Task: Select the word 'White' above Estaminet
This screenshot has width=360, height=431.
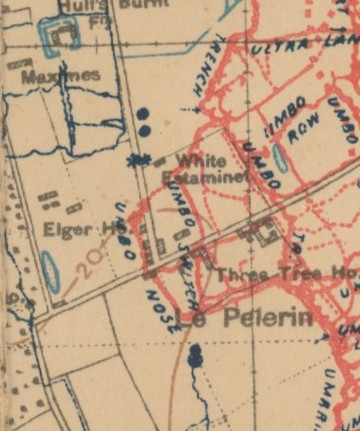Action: coord(200,160)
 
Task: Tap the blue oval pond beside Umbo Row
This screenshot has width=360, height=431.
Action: coord(280,159)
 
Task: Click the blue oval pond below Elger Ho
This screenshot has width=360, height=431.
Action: coord(49,271)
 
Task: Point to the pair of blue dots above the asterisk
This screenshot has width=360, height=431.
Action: coord(144,122)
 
